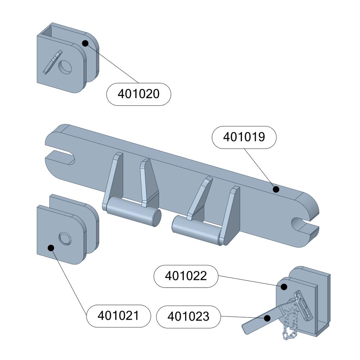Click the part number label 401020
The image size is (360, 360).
[x=139, y=94]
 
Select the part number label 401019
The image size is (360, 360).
[x=244, y=137]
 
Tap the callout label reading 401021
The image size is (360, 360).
[x=118, y=316]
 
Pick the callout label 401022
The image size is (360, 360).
[x=186, y=276]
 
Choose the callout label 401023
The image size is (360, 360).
[x=188, y=316]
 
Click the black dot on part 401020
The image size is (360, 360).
[x=85, y=43]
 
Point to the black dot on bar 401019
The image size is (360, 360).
[x=276, y=189]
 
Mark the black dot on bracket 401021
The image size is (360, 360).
[x=51, y=248]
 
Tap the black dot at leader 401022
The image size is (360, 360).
[x=284, y=287]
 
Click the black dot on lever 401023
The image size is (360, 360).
[x=267, y=318]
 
